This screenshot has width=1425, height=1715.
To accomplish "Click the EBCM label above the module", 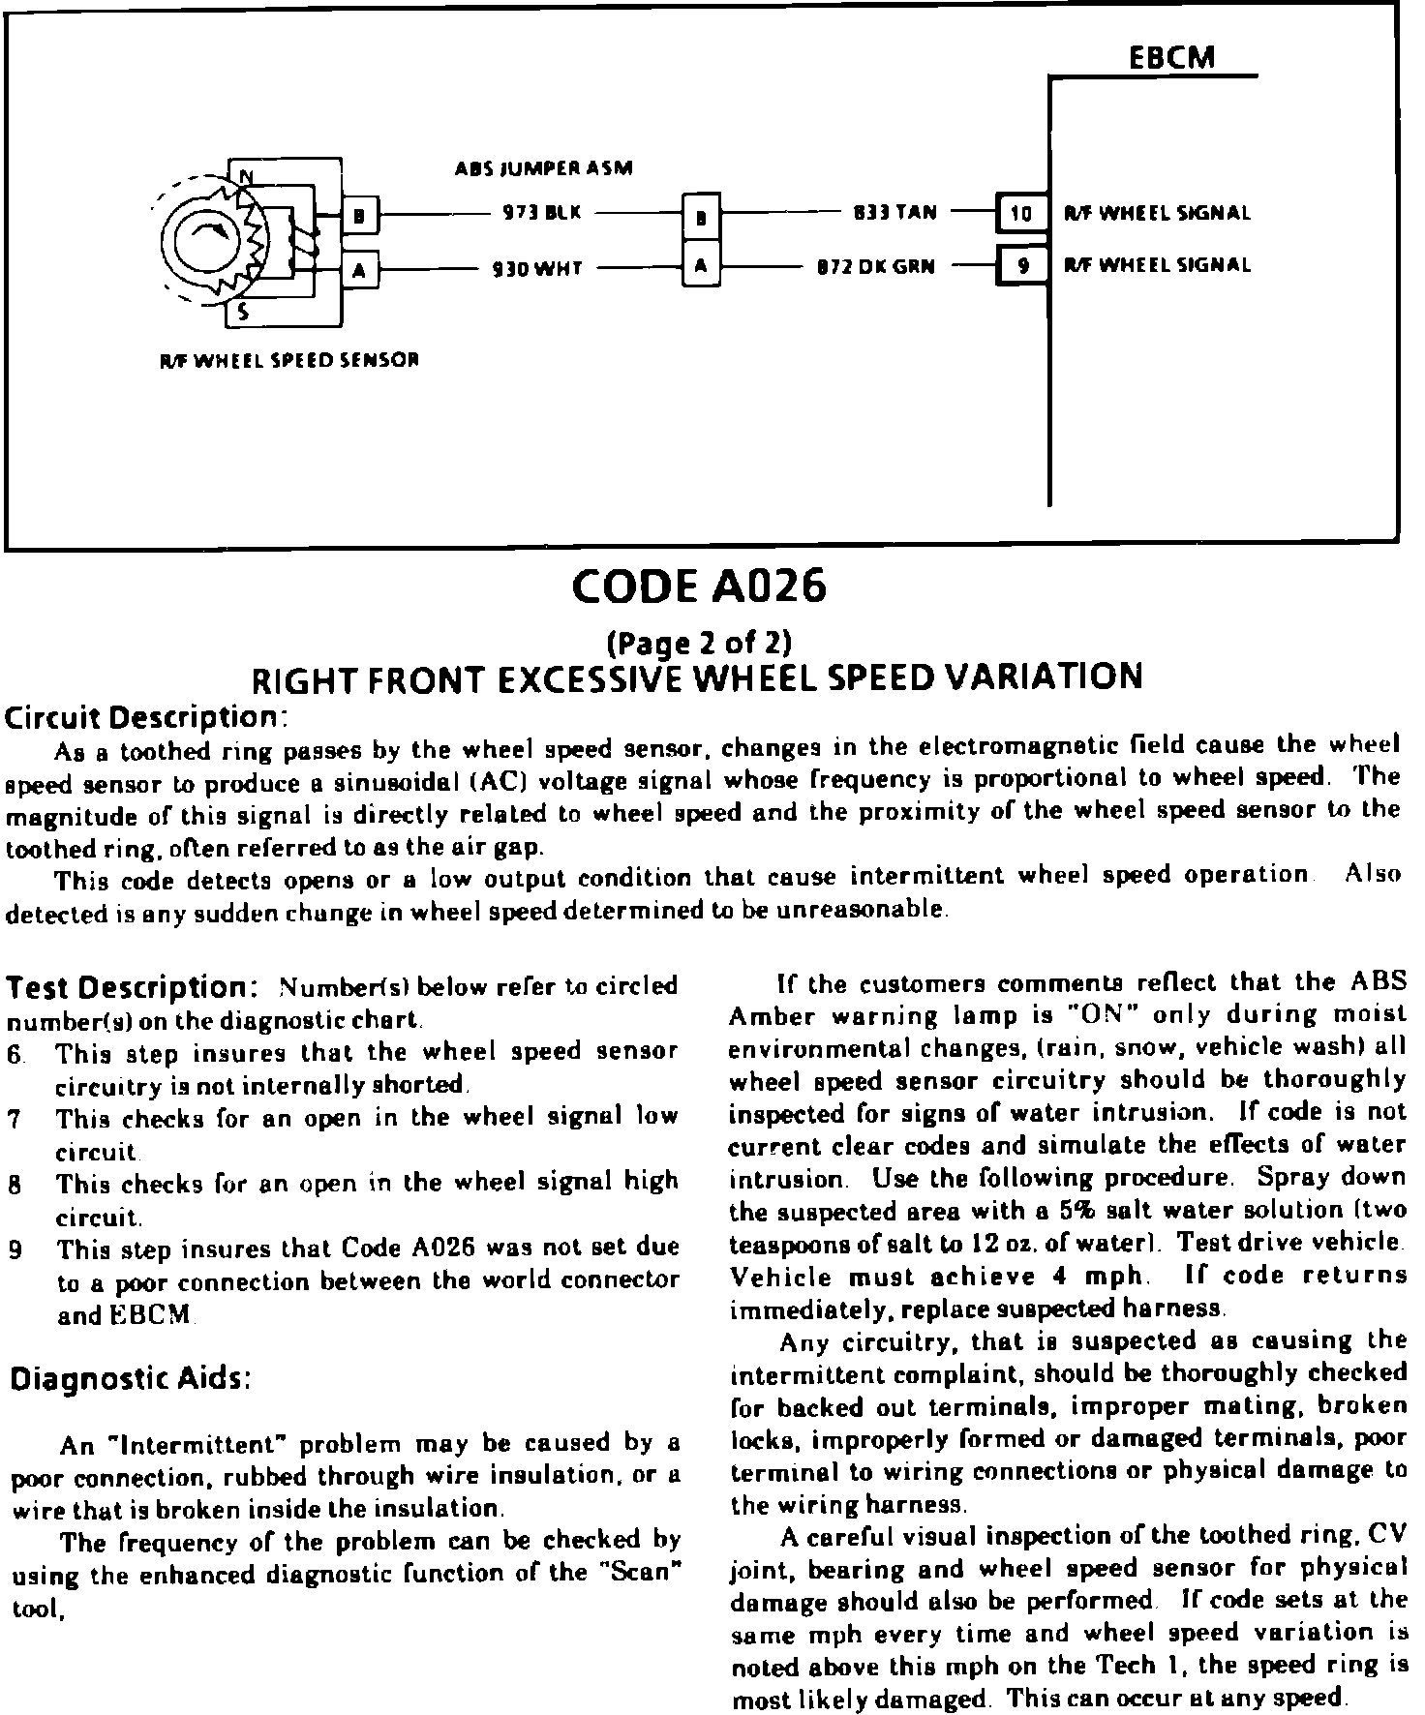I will pos(1171,57).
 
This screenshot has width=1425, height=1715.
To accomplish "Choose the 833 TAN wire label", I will pos(894,212).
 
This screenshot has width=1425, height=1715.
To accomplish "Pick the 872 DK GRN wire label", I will pos(876,266).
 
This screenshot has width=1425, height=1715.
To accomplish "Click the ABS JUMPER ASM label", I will pos(544,168).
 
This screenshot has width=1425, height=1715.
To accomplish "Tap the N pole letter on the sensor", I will pos(246,176).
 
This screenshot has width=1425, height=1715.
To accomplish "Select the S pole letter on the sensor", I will pos(244,311).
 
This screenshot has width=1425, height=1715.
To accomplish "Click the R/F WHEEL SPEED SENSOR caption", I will pos(288,360).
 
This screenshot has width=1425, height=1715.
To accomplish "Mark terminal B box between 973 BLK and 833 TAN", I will pos(701,218).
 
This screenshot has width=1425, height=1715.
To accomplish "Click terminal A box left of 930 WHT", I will pos(359,271).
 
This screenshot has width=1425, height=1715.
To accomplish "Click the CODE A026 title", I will pos(699,587).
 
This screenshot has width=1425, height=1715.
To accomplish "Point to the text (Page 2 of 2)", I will pos(698,642).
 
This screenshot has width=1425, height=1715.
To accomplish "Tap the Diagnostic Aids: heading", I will pos(130,1378).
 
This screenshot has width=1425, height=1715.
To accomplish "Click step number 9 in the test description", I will pos(15,1249).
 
